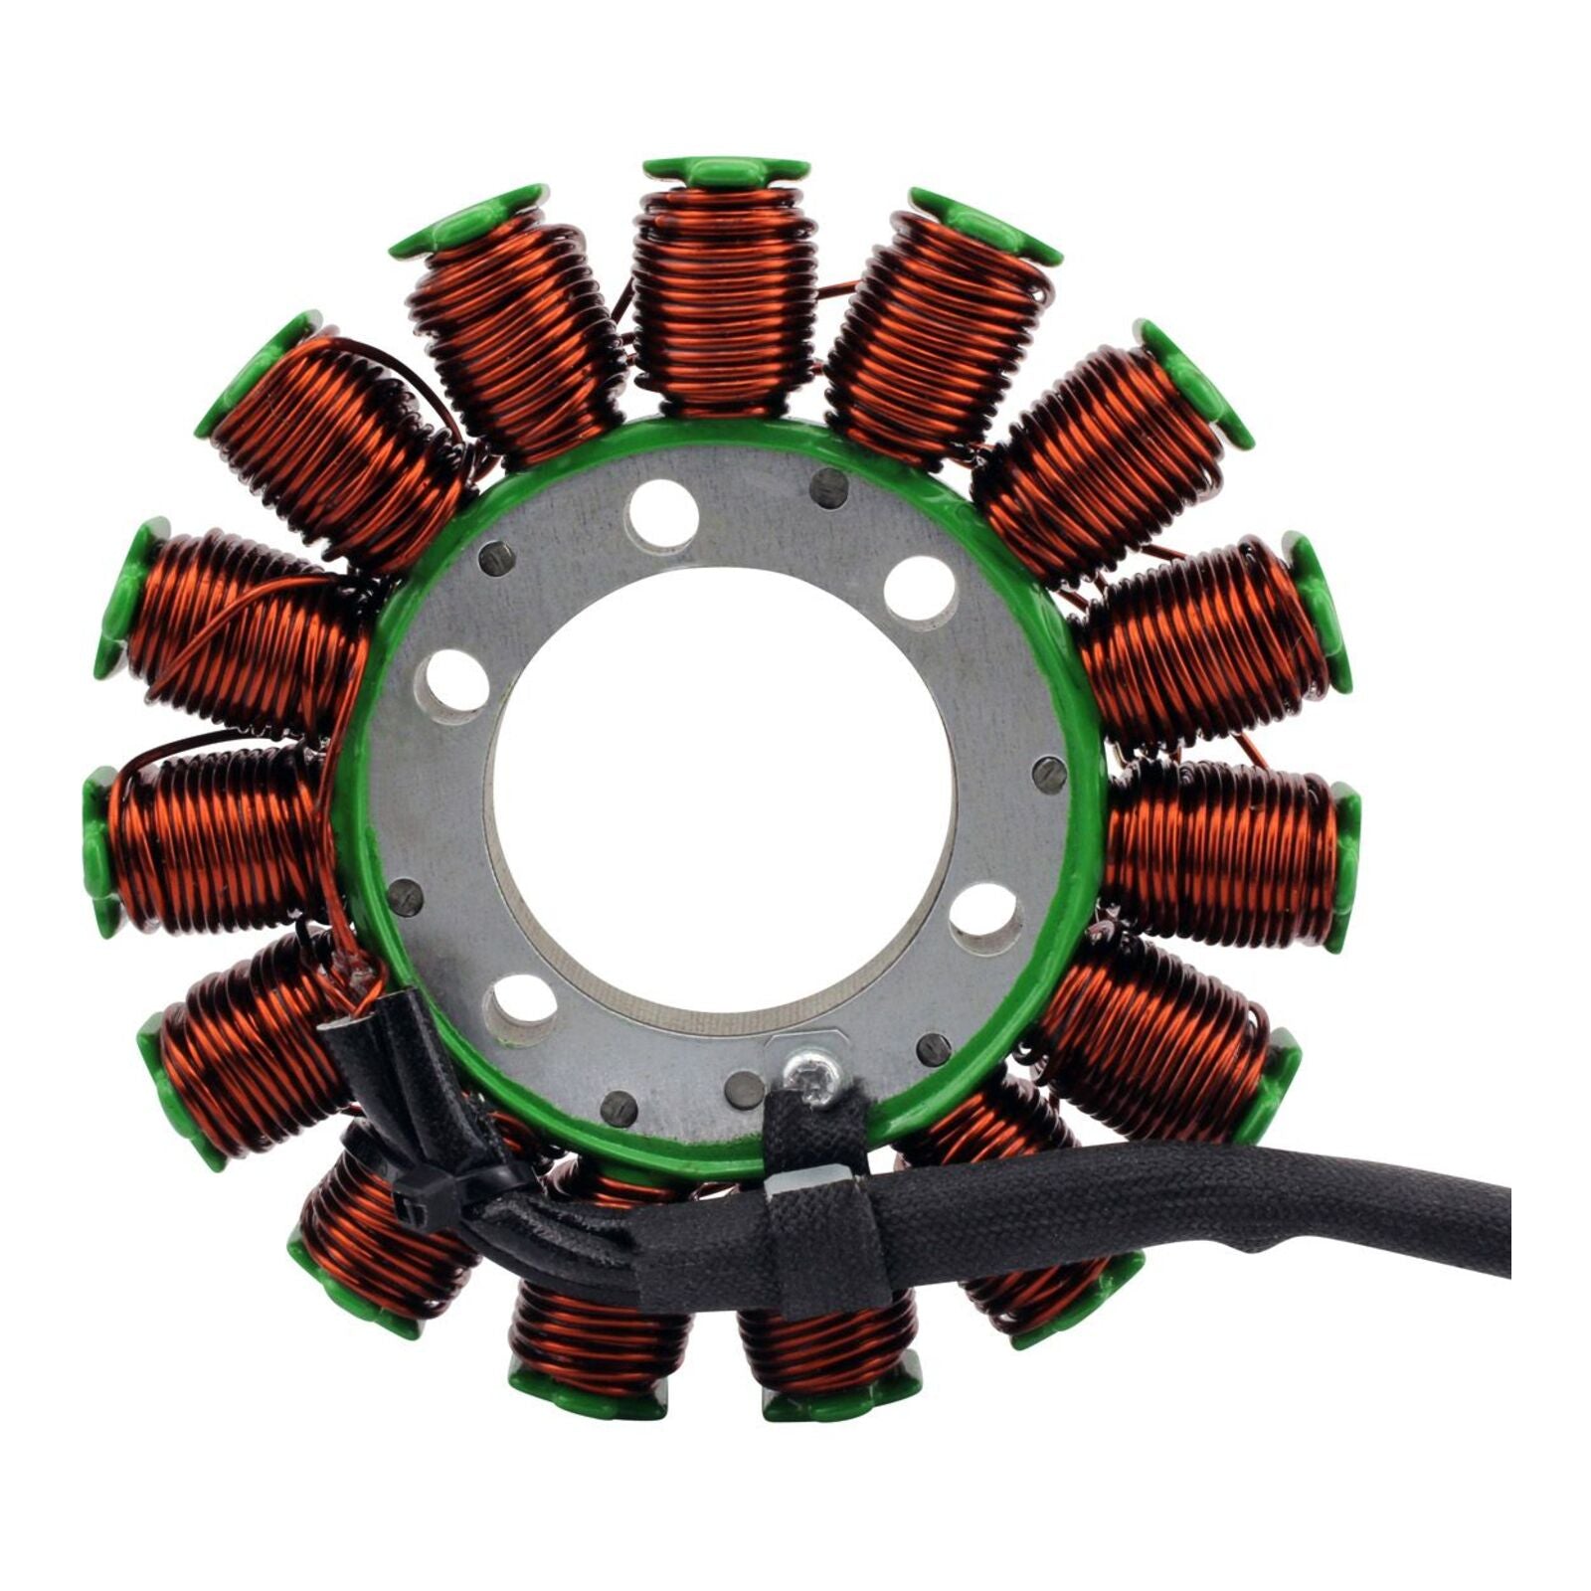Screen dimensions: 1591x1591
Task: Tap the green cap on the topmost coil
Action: coord(726,171)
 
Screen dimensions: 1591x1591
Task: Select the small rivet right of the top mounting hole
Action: coord(828,487)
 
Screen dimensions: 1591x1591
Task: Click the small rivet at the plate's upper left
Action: coord(496,560)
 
